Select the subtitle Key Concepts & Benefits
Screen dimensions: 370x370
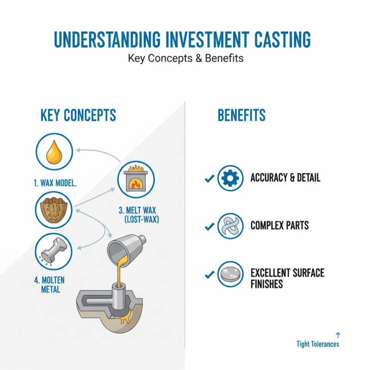[x=185, y=59]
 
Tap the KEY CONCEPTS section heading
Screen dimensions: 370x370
[x=78, y=115]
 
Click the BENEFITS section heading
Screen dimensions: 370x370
[x=241, y=115]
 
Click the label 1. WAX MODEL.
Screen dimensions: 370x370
[x=55, y=183]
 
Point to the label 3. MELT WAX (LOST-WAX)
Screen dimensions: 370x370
[x=138, y=215]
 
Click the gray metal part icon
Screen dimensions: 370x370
[x=54, y=251]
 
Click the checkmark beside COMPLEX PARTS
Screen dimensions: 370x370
[x=209, y=226]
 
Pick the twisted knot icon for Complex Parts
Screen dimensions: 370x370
[x=230, y=226]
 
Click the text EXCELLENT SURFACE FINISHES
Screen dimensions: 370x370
[x=287, y=278]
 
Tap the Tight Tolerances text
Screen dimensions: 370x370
[x=318, y=344]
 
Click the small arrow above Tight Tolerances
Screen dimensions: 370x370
[x=337, y=335]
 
